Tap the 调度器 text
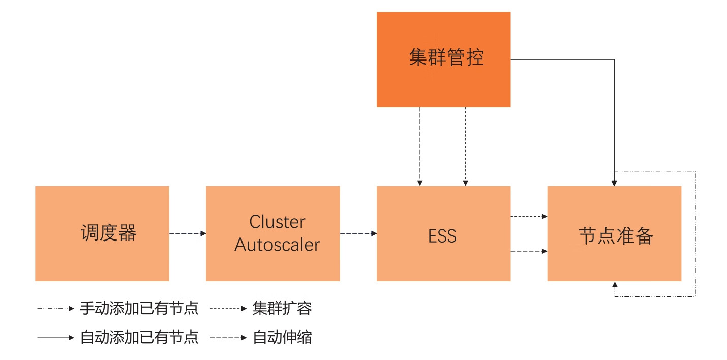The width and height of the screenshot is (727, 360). coord(108,233)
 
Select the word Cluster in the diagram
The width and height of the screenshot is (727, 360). coord(277,222)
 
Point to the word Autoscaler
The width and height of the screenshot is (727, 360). coord(277,245)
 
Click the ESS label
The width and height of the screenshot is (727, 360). coord(442,236)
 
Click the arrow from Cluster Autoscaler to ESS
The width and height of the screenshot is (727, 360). coord(358,233)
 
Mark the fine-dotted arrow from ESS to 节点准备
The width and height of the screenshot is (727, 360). coord(529,217)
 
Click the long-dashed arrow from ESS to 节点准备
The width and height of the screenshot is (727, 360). coord(529,251)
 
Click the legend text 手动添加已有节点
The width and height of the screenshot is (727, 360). coord(139,308)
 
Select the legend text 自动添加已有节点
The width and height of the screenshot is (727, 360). coord(139,338)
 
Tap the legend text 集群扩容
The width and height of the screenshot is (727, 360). coord(282,308)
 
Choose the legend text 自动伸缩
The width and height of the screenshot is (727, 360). coord(282,338)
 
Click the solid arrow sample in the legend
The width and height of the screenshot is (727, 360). coord(56,338)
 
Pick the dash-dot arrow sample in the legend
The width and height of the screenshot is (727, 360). coord(56,308)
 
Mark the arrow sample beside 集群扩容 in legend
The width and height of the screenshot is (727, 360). coord(229,308)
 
